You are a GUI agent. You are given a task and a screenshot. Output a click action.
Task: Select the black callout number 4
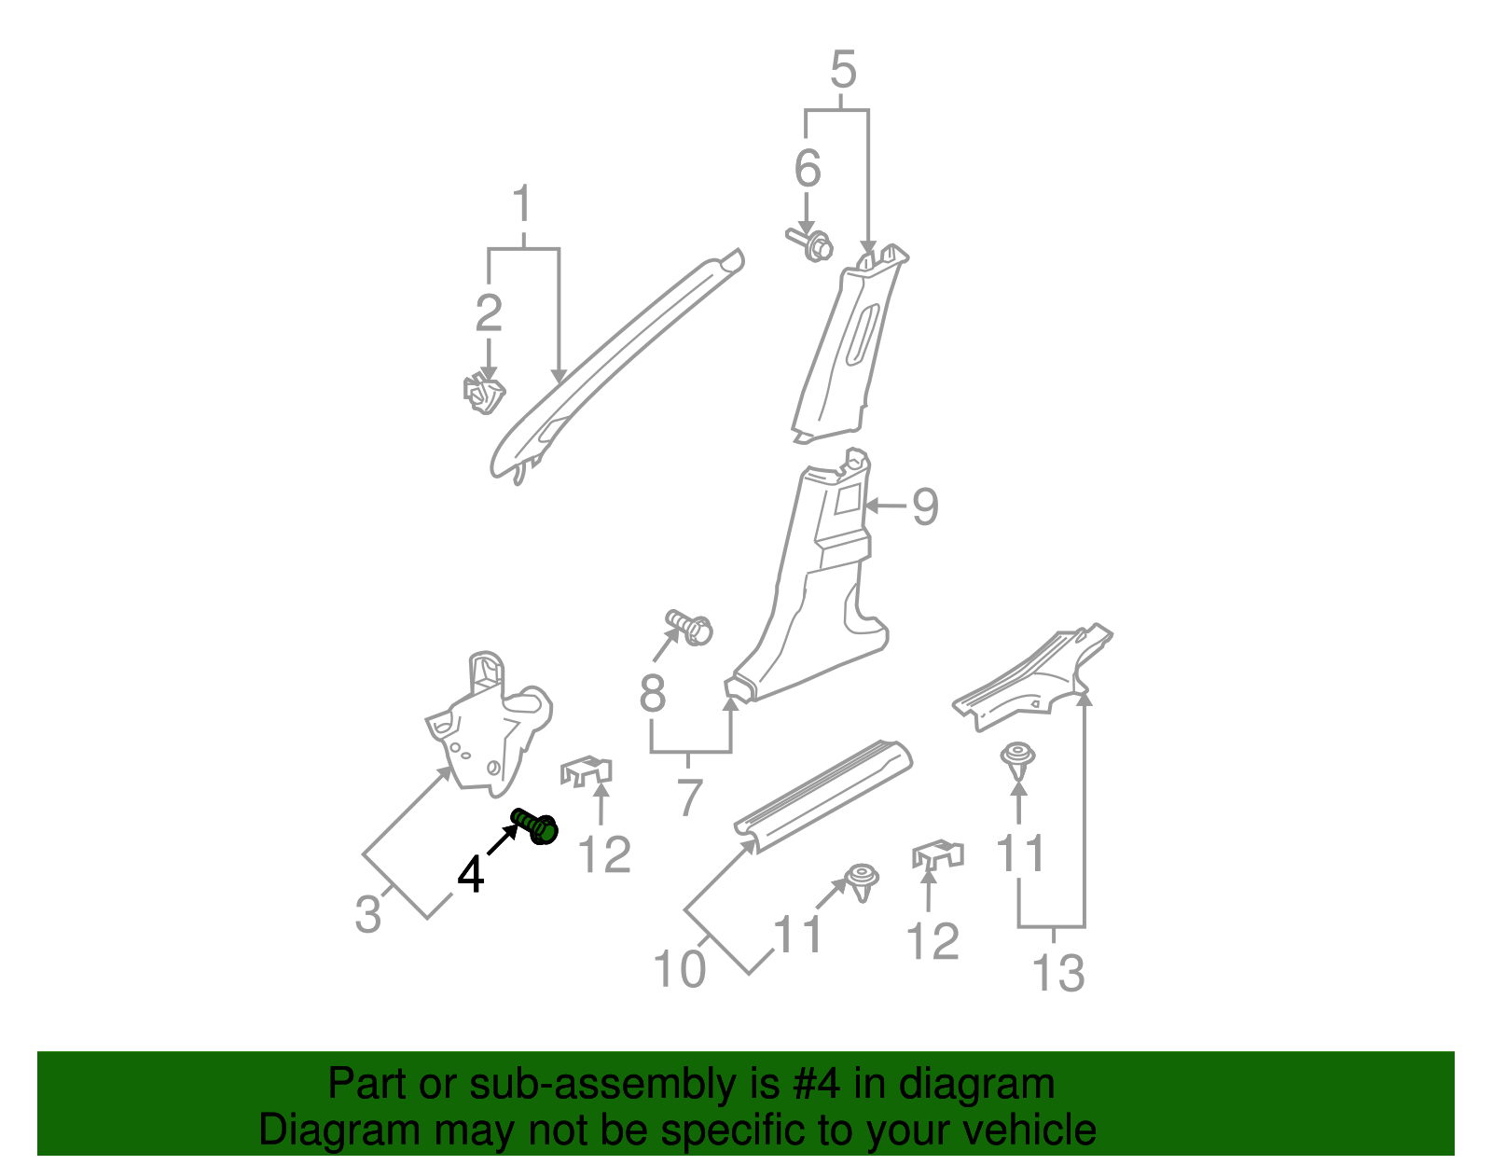tap(471, 875)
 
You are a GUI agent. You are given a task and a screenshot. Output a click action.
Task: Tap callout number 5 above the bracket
tap(842, 71)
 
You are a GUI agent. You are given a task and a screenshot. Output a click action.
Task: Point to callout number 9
tap(924, 506)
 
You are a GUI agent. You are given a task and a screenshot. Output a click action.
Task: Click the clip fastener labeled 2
tap(483, 394)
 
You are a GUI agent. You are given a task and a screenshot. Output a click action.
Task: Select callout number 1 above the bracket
tap(523, 205)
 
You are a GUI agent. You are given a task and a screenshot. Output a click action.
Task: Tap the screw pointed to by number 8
tap(690, 627)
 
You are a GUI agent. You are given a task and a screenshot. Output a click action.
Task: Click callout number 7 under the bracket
tap(689, 797)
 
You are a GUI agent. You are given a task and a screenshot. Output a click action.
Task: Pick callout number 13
tap(1058, 973)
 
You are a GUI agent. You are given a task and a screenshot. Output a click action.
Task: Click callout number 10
tap(679, 968)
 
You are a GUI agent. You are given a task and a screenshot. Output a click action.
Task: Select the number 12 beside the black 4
tap(605, 854)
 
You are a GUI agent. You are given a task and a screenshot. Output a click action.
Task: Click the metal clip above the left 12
tap(587, 772)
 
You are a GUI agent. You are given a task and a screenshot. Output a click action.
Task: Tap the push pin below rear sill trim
tap(1018, 759)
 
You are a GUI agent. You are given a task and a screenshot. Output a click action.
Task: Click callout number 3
tap(368, 913)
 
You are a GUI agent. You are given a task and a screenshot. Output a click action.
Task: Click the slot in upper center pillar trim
tap(863, 332)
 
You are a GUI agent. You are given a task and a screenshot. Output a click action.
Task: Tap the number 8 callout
tap(653, 693)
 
